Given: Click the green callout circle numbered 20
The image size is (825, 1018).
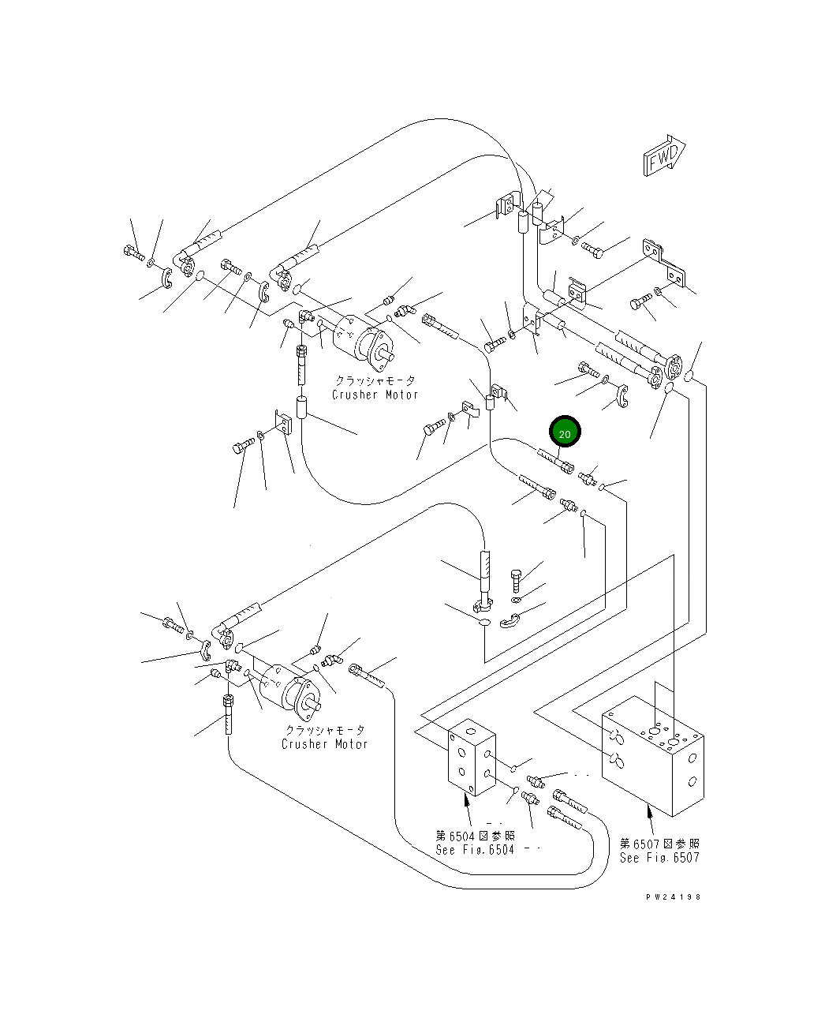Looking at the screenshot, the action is click(565, 432).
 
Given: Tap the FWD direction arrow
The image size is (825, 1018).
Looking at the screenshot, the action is click(664, 155).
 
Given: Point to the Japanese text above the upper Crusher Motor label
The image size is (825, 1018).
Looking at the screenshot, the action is click(375, 380).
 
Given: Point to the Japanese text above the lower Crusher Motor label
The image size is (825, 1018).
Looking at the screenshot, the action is click(325, 730).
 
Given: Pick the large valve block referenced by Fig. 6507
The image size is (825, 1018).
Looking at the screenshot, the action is click(652, 756).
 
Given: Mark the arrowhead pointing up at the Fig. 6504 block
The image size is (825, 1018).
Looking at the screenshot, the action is click(467, 799).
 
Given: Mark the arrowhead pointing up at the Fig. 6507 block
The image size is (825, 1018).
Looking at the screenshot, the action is click(649, 811).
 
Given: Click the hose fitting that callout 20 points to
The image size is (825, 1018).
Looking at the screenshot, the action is click(555, 461).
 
